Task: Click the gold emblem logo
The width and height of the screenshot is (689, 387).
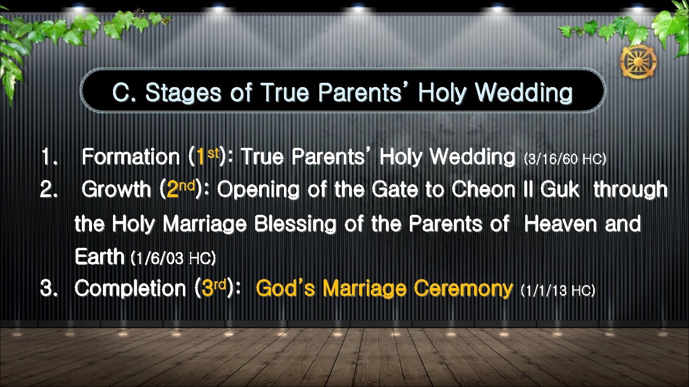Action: coord(638,62)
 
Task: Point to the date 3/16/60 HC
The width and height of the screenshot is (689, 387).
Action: coord(565,159)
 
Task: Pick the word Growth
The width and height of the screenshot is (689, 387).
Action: coord(116,190)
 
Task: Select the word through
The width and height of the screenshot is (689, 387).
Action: coord(630,190)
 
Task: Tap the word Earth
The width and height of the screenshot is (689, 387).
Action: coord(99,257)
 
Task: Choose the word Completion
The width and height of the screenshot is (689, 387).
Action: coord(131,288)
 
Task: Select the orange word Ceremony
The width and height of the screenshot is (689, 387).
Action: coord(463,288)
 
